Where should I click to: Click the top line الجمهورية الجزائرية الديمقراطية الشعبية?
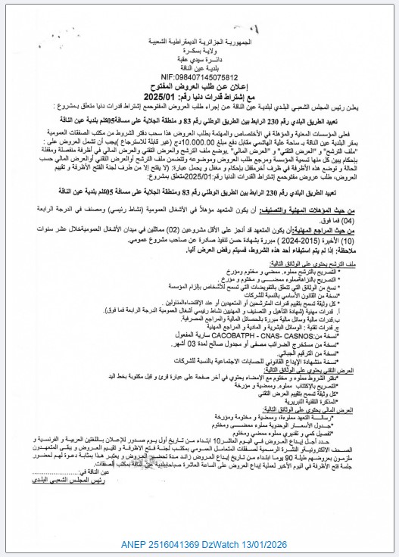click(199, 14)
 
